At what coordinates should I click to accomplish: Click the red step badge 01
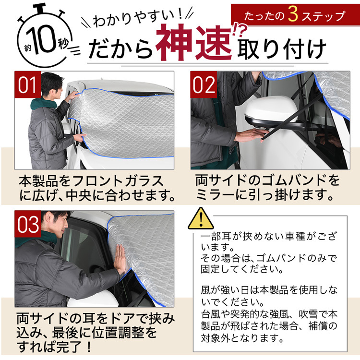pos(28,84)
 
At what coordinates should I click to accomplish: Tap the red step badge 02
pos(204,84)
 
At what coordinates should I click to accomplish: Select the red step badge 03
pos(28,224)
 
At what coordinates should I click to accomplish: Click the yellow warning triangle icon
pos(201,218)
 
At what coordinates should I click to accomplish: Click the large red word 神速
pos(193,42)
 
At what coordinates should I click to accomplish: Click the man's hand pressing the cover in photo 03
pos(120,259)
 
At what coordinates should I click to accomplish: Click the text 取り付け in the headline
pos(282,48)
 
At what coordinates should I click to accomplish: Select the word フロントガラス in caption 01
pos(118,181)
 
